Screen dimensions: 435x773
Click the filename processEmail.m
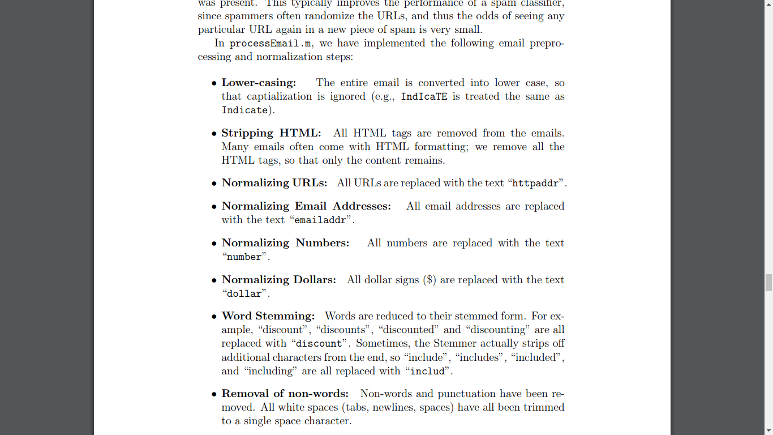(x=270, y=44)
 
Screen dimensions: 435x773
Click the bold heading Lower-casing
(x=259, y=83)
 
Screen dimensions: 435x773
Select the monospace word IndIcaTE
(x=424, y=97)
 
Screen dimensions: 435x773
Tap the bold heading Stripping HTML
(x=271, y=133)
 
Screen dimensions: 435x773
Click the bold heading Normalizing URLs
(x=274, y=183)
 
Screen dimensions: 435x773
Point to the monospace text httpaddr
(x=535, y=184)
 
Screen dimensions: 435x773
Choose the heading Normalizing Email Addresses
(x=306, y=206)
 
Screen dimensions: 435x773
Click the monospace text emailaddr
(x=320, y=220)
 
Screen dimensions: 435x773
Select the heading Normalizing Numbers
(x=285, y=243)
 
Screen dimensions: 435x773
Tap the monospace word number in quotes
(x=244, y=257)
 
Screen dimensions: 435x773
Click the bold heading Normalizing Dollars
(x=278, y=280)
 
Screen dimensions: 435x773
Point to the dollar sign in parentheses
(x=430, y=280)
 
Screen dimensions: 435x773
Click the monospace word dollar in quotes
(x=244, y=294)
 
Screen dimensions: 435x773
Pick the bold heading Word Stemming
(x=268, y=316)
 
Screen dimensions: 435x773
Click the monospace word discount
(x=319, y=344)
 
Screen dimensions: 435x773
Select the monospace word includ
(x=427, y=372)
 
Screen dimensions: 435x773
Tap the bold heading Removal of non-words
(x=285, y=394)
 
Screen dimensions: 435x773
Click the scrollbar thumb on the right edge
(x=768, y=282)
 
